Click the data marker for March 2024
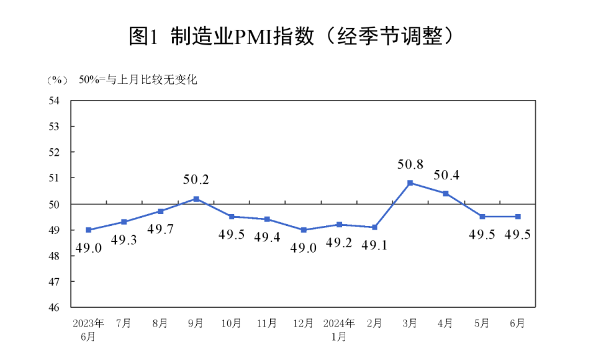click(410, 182)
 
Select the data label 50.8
click(410, 164)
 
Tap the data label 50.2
click(196, 180)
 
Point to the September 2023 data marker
click(196, 199)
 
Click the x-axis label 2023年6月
click(89, 329)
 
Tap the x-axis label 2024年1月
click(339, 329)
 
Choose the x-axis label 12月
click(304, 323)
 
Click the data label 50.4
click(446, 175)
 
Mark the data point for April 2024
click(446, 193)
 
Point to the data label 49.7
click(160, 228)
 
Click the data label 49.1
click(375, 244)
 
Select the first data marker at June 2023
click(89, 230)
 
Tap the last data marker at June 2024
click(518, 217)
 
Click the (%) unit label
click(56, 80)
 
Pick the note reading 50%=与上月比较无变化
click(138, 79)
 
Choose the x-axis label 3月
click(410, 323)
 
